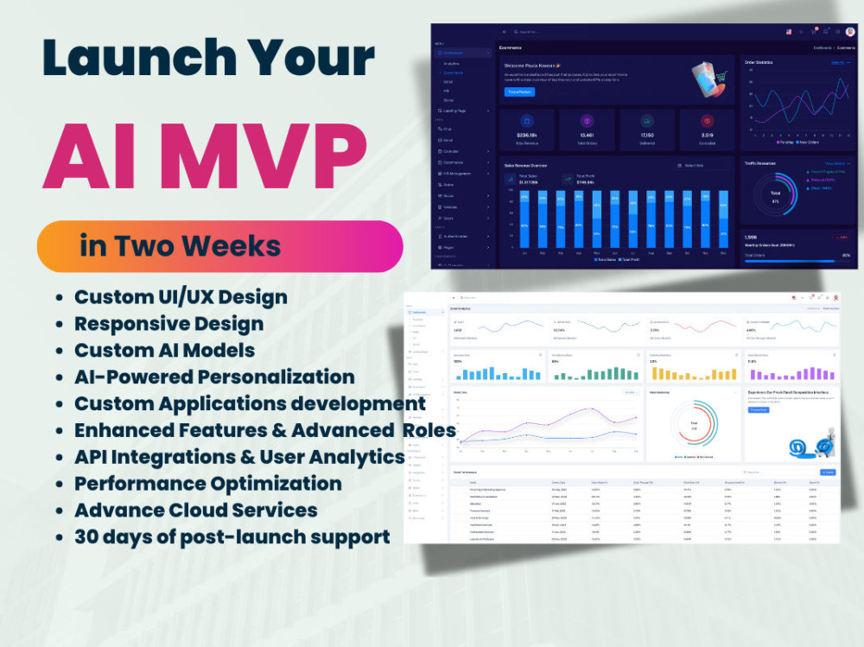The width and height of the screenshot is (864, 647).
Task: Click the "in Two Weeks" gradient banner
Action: (219, 246)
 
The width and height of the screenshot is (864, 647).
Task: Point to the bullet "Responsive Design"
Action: (168, 324)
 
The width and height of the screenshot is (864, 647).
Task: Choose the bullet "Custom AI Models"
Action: (164, 350)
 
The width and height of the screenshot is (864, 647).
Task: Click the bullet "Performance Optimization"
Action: (207, 483)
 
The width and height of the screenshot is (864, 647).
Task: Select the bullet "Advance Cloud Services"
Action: (195, 510)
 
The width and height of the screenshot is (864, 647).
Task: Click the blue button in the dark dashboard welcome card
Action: (519, 92)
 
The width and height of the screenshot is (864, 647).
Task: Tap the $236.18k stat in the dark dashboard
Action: (527, 135)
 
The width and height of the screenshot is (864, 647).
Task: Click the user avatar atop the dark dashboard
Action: (849, 32)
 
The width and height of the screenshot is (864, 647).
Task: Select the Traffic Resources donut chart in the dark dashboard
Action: (775, 195)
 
